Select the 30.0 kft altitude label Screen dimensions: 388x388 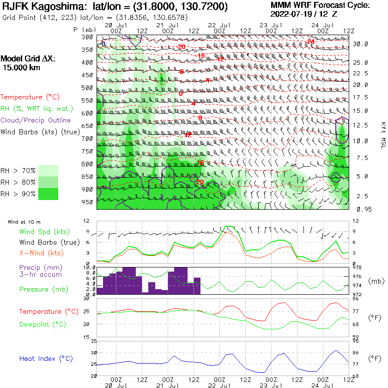point(360,44)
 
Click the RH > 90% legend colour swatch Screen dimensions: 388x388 point(48,194)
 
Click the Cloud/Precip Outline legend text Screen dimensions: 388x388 point(36,121)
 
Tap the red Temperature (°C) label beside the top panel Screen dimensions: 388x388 point(31,97)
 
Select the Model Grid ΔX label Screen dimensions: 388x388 point(27,59)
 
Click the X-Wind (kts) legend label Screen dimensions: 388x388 point(42,253)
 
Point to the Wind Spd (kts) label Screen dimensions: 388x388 point(45,231)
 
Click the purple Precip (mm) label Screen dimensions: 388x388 point(41,267)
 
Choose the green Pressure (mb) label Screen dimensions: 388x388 point(44,290)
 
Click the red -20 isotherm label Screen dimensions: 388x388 point(181,47)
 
